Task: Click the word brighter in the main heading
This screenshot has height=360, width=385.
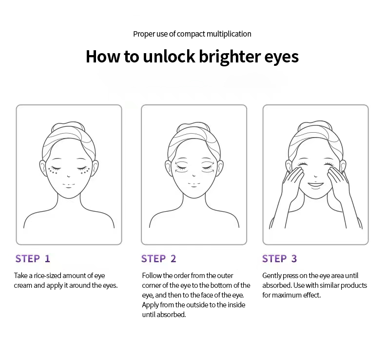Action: (230, 57)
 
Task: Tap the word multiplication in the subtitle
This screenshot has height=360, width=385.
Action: (229, 34)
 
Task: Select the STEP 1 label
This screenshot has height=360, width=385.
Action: (33, 259)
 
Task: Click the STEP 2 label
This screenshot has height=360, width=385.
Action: (158, 259)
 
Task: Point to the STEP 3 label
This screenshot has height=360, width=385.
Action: (279, 259)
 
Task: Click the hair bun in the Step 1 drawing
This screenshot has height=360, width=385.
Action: (68, 127)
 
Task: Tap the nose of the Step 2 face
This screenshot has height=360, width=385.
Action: (194, 175)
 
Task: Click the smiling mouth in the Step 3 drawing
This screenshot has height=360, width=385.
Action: (316, 185)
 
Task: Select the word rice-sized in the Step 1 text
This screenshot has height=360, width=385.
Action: (48, 276)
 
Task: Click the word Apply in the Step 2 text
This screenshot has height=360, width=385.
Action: (150, 305)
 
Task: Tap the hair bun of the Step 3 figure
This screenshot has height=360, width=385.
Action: (315, 126)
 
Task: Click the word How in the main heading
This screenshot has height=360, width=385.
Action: (103, 57)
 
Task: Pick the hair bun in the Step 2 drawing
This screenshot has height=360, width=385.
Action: (193, 127)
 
